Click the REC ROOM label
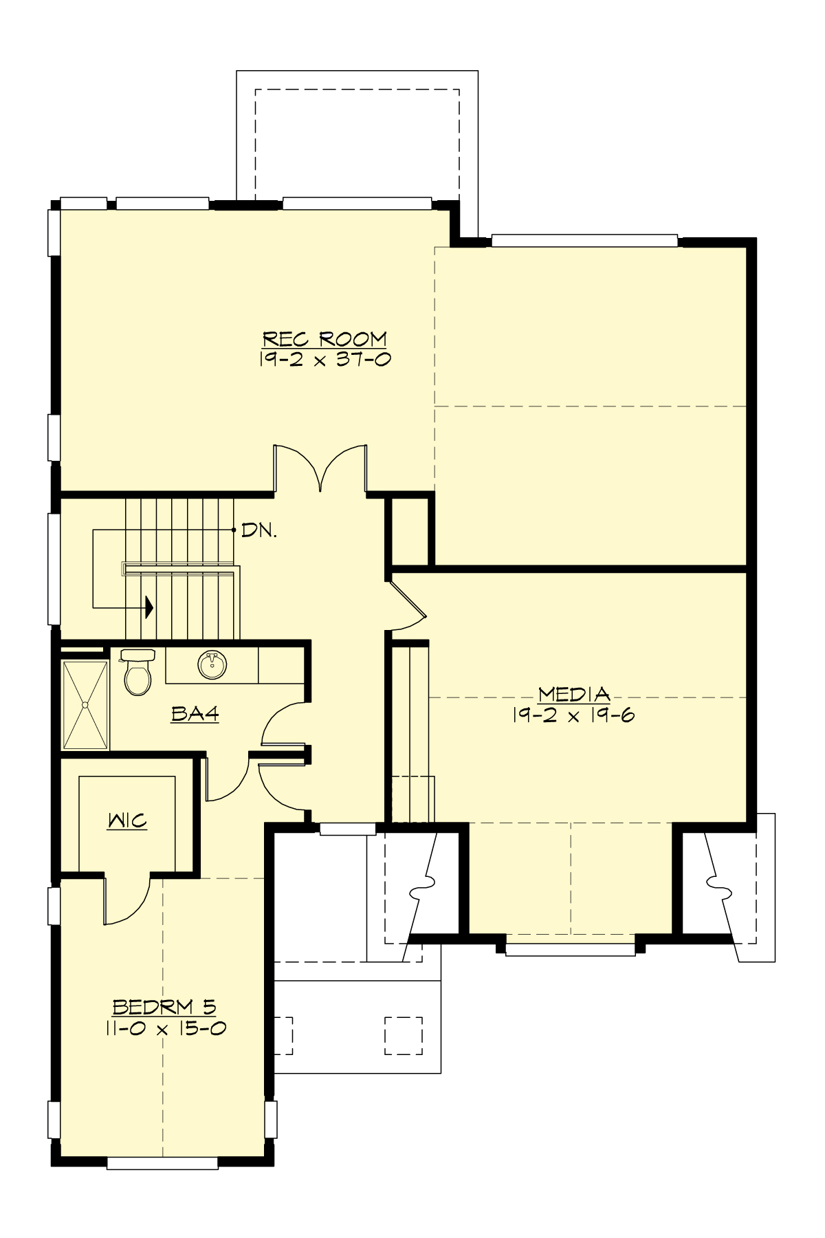(324, 339)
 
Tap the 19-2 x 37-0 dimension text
(324, 359)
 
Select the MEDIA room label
(573, 694)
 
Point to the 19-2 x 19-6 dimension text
(573, 715)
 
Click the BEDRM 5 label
(164, 1008)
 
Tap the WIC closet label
(127, 821)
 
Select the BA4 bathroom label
(195, 715)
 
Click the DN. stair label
(258, 532)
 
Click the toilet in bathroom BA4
(137, 673)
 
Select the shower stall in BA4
(85, 705)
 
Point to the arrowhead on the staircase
(148, 607)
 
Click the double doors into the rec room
(320, 468)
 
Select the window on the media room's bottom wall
(570, 949)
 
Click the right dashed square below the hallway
(402, 1036)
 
